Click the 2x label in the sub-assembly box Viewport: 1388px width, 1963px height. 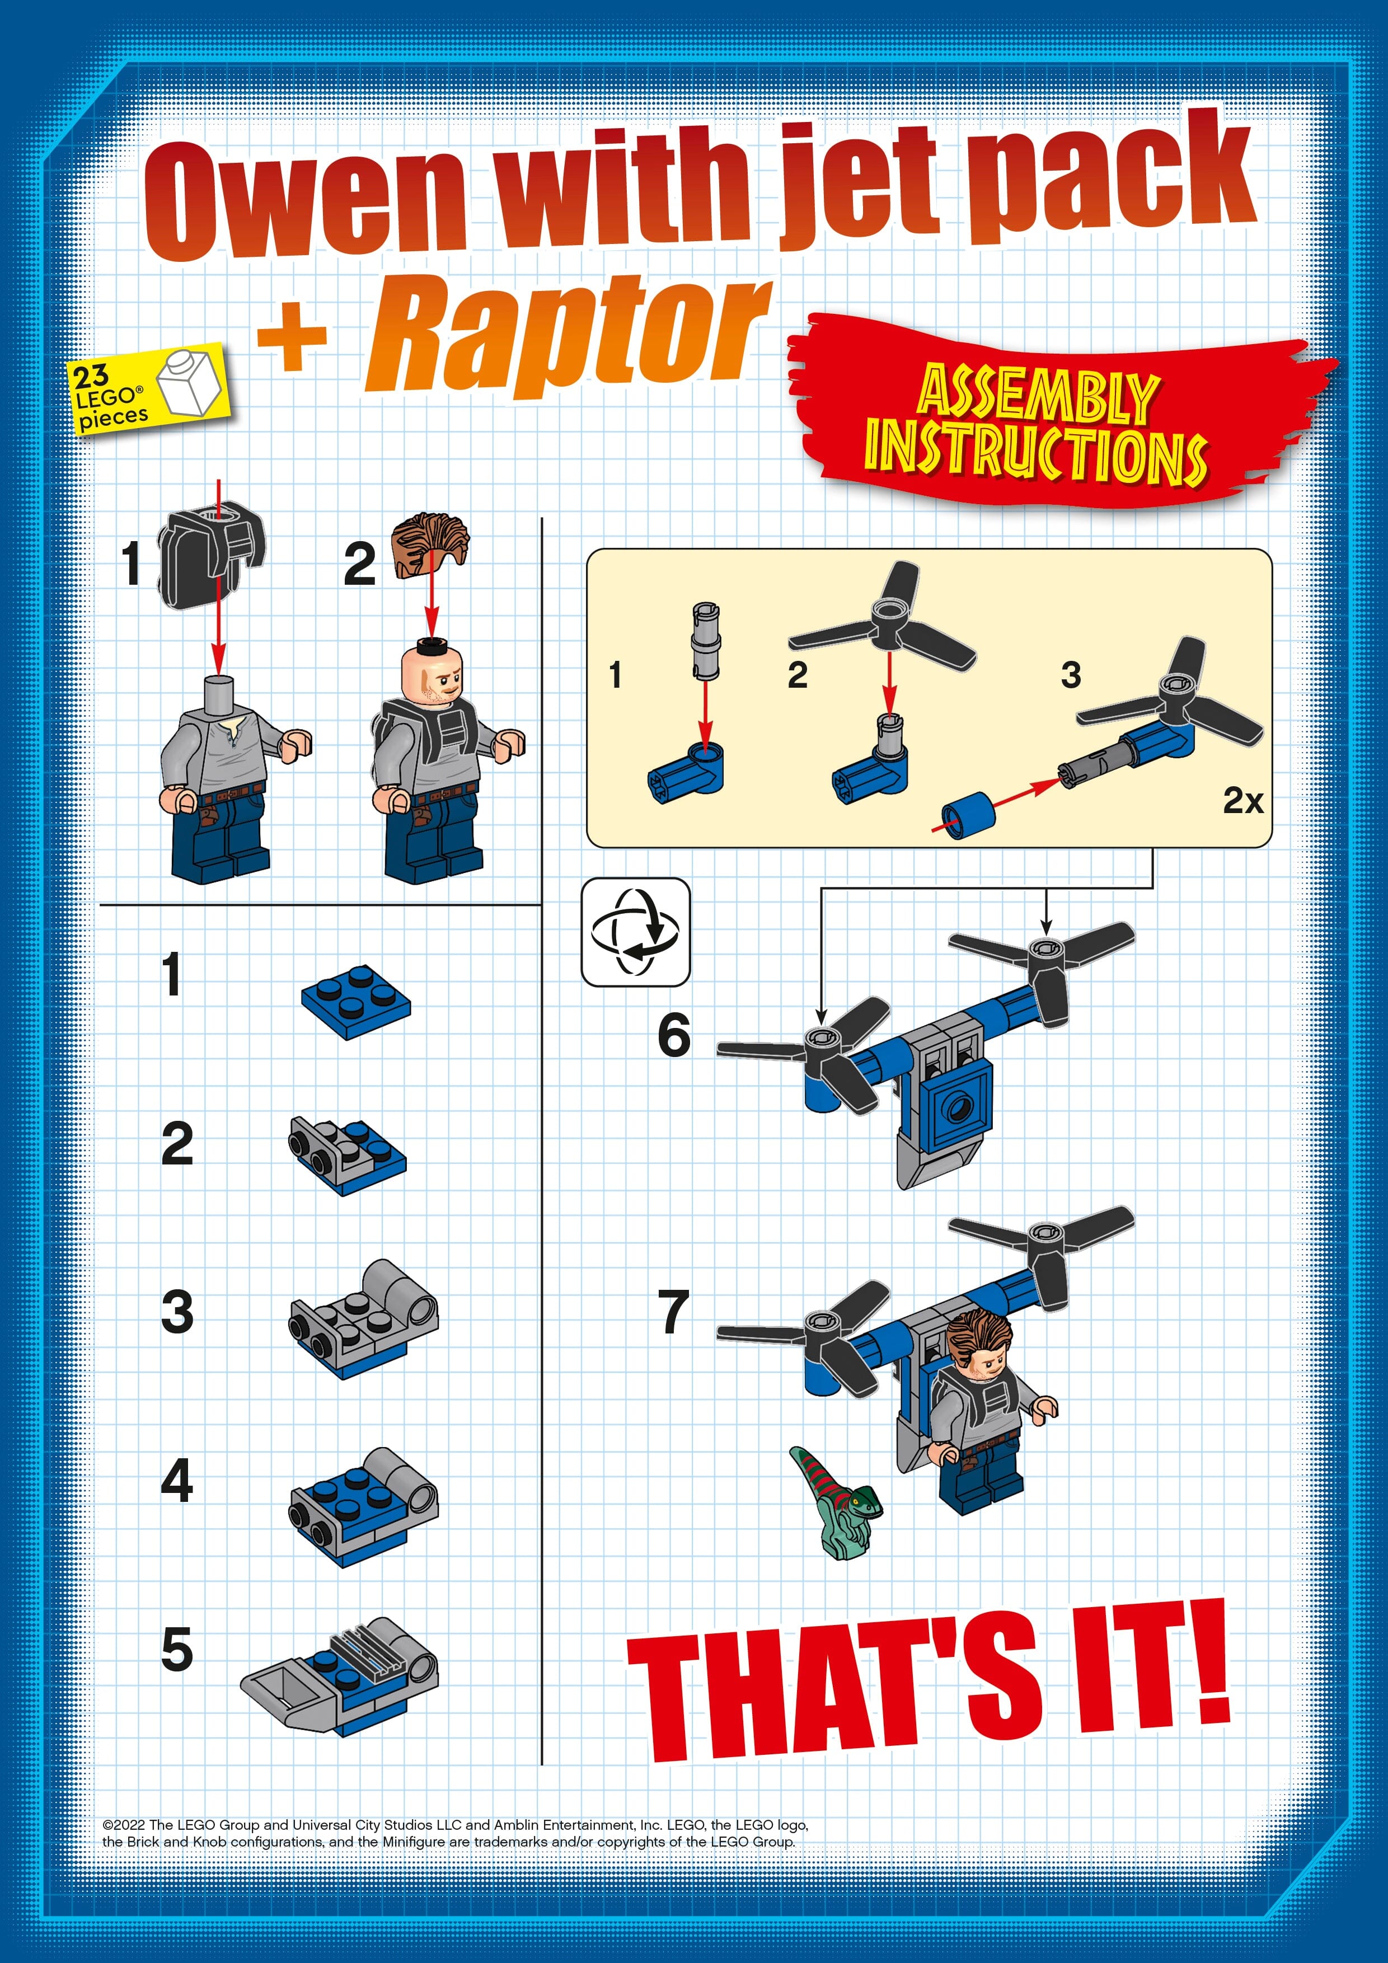click(1242, 801)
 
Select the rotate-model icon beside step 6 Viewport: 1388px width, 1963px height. click(635, 932)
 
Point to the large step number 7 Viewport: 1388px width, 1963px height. click(674, 1312)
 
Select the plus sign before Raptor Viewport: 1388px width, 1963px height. click(293, 336)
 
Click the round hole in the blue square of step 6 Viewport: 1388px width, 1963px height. click(954, 1109)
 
